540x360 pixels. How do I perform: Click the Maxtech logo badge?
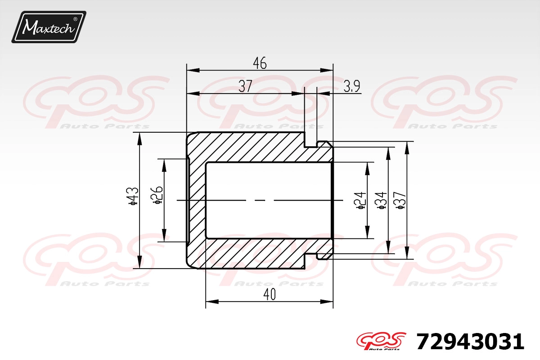point(49,27)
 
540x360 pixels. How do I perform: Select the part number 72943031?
point(470,342)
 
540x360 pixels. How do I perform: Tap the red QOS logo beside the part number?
point(381,341)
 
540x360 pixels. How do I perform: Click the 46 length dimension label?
point(260,63)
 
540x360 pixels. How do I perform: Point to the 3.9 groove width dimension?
point(352,86)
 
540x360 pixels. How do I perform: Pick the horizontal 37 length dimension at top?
point(245,86)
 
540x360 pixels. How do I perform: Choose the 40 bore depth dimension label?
point(269,294)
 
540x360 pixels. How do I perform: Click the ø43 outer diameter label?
point(133,196)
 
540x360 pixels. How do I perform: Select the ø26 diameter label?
point(157,195)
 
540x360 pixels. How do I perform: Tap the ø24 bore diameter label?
point(360,200)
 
